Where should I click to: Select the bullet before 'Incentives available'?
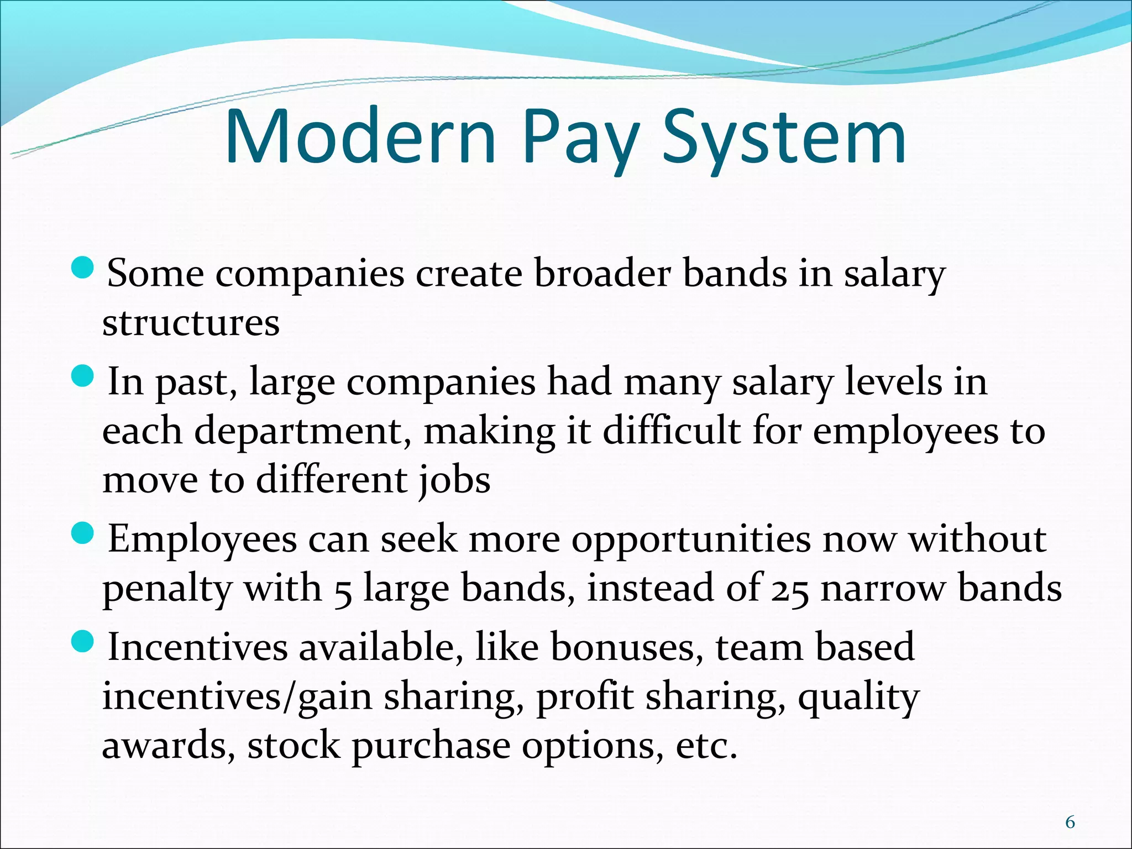[x=83, y=643]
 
